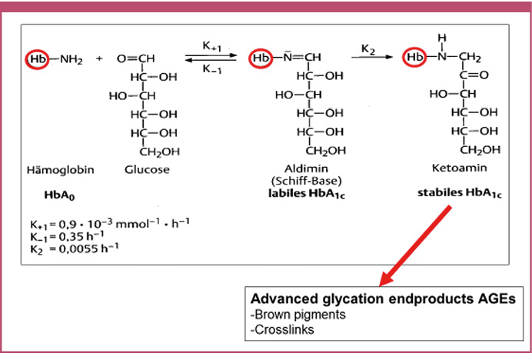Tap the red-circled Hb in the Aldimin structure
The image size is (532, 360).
coord(261,58)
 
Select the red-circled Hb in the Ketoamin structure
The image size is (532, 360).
coord(416,58)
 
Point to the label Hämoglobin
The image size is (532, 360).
coord(56,169)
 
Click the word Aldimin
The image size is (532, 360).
coord(306,169)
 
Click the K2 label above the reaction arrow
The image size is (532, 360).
coord(368,49)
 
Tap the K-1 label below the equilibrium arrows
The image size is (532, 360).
coord(213,70)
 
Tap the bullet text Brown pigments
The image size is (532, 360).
coord(289,315)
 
